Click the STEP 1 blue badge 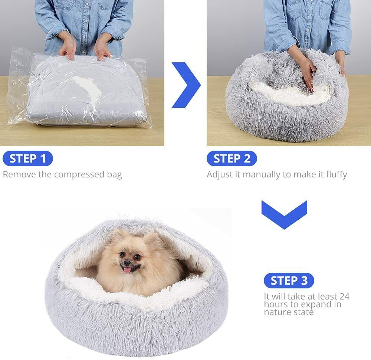(28, 158)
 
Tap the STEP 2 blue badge (232, 158)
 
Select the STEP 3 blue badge (289, 281)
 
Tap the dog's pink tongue (127, 270)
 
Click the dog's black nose (127, 263)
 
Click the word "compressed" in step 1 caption (79, 175)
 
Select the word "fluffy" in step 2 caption (336, 174)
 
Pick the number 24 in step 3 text (345, 296)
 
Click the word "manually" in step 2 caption (262, 174)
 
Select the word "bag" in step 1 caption (114, 175)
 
